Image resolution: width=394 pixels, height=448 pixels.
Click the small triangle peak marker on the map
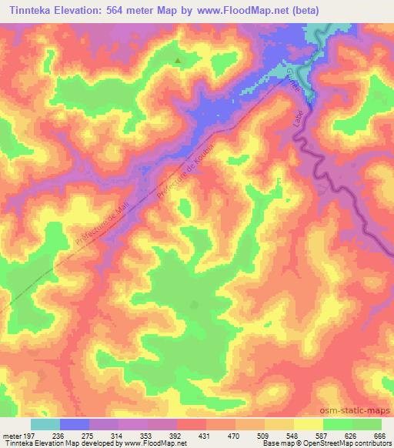(x=179, y=60)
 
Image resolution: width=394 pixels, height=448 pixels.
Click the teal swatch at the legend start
(x=45, y=423)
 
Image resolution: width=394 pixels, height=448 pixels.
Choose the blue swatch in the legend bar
(x=75, y=423)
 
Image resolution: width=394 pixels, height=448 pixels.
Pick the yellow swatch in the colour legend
(x=308, y=423)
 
